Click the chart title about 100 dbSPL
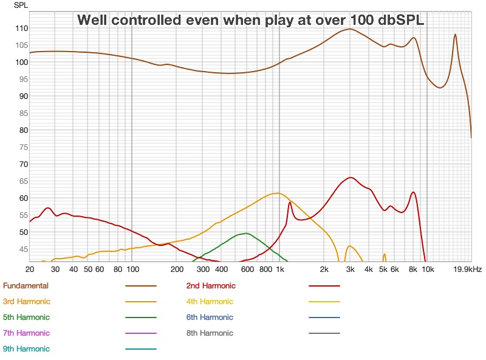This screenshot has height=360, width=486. (250, 19)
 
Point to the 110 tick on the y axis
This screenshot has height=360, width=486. (21, 28)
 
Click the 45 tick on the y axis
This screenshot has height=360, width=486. (23, 249)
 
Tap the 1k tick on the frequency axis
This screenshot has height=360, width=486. (280, 269)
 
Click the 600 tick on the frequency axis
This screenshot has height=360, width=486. (247, 269)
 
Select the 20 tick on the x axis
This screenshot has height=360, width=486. (30, 269)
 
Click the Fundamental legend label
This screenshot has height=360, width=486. (26, 285)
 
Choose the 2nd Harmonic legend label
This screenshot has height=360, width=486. (211, 285)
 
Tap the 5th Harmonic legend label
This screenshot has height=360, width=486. (27, 317)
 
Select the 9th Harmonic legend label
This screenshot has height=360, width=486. (27, 348)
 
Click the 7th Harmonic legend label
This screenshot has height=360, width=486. (27, 333)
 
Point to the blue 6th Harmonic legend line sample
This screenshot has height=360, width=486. (324, 317)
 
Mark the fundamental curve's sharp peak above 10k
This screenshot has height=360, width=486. (455, 35)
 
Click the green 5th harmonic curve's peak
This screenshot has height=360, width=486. (245, 233)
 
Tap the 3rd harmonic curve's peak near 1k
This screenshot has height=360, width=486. (277, 193)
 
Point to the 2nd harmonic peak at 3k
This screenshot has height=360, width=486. (350, 177)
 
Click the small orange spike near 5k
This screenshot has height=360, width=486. (385, 254)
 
